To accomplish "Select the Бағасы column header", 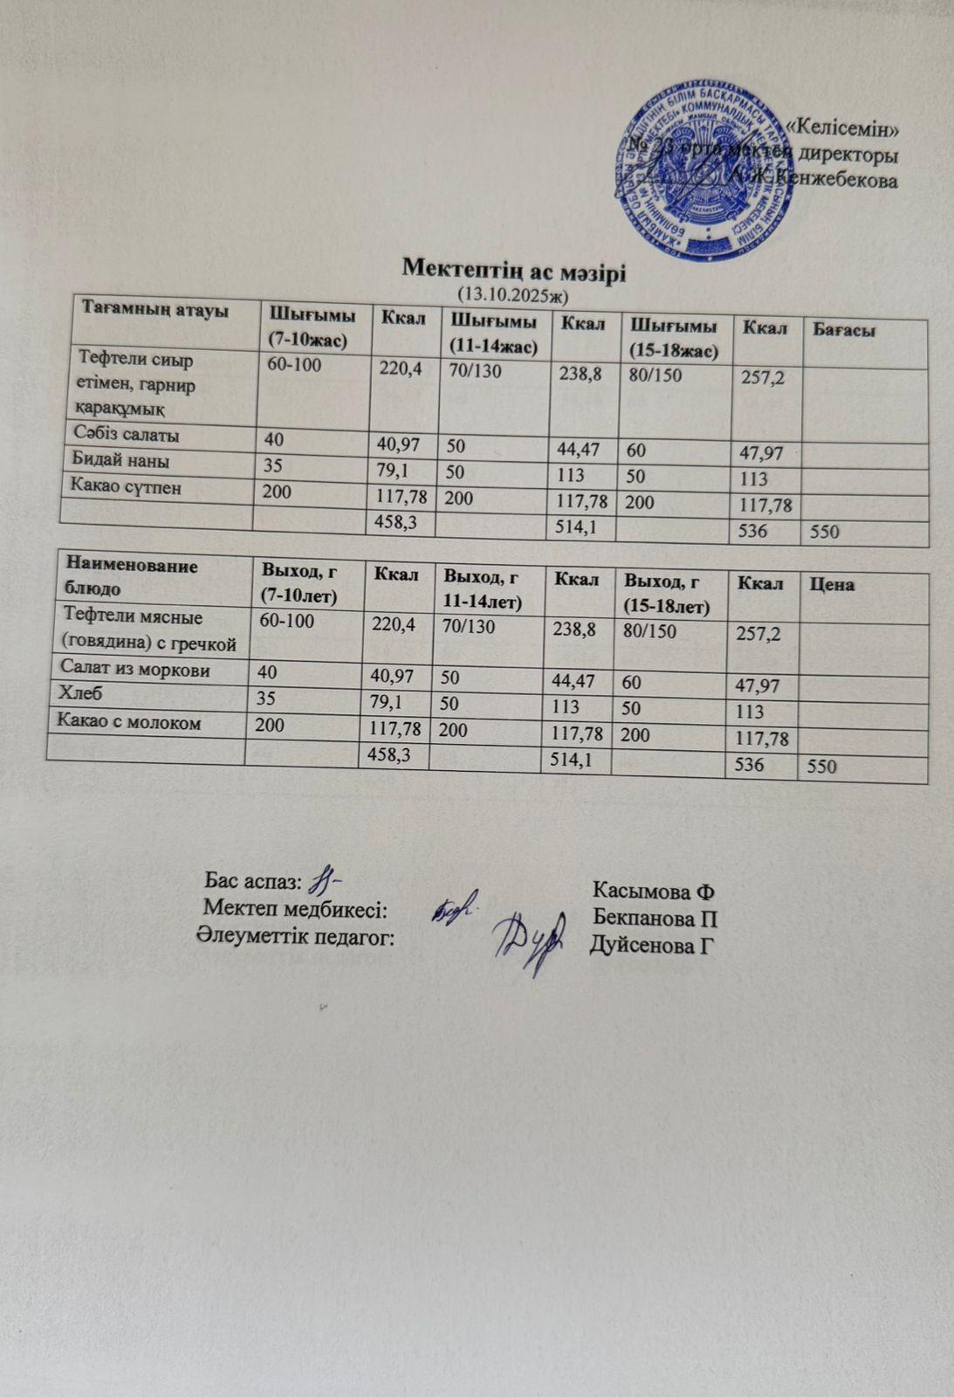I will point(844,330).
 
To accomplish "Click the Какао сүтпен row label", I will point(129,487).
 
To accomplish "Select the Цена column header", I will point(832,584).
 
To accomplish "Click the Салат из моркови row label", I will point(134,670).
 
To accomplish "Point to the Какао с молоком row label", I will point(129,722).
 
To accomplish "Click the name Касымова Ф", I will point(653,891).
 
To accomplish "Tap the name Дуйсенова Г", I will point(652,944).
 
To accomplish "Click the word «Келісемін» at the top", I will point(842,127).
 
